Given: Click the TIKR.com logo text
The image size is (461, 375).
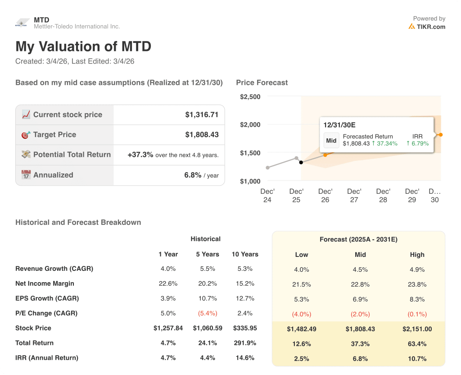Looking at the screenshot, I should pos(430,27).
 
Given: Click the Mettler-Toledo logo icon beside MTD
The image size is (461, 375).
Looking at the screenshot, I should pos(22,23).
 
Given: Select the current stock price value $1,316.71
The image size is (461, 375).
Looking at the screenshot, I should pos(202,115).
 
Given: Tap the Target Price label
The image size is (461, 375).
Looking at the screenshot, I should pos(54,135).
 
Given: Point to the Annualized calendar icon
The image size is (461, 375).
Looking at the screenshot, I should pos(26,175).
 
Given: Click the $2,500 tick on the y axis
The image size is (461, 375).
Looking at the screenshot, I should pos(250,97).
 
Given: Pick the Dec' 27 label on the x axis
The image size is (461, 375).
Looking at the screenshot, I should pos(354,196).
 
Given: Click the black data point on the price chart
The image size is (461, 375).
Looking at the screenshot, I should pos(301,162).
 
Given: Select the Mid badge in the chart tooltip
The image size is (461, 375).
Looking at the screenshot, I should pos(331,140).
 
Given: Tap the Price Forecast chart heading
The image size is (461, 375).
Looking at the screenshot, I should pos(262,82).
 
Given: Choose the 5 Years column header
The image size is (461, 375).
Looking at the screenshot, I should pos(207,254).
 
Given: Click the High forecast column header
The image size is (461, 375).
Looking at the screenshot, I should pos(417,255).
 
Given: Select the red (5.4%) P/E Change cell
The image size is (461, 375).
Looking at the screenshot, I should pos(207,313).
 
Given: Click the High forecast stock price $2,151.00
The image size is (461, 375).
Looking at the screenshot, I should pos(417,329).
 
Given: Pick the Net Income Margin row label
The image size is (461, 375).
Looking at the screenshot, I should pos(45,284).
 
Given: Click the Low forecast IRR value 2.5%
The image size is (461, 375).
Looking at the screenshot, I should pos(302,359).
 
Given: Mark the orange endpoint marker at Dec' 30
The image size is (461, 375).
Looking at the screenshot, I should pos(441,135).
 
